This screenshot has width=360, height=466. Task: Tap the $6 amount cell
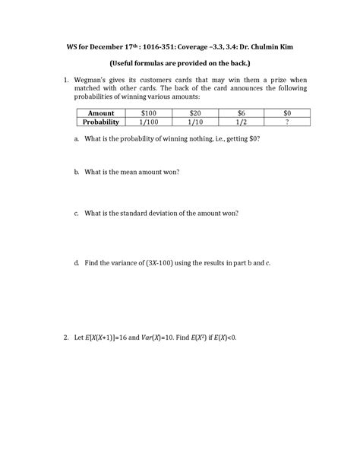click(x=240, y=113)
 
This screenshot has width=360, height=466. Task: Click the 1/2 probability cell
click(x=240, y=122)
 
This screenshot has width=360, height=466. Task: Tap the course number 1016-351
click(x=158, y=47)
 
